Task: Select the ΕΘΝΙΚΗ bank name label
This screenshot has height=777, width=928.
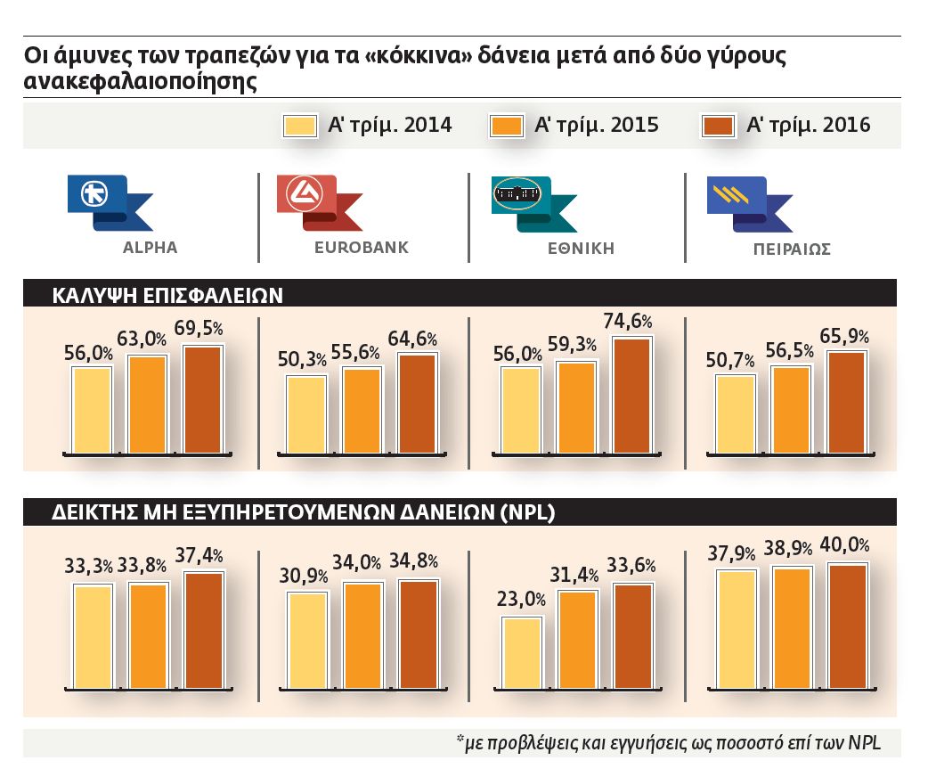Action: click(x=581, y=249)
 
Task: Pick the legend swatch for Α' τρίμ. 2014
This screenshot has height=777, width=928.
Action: click(x=299, y=126)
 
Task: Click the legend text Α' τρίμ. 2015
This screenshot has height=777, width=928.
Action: click(x=596, y=126)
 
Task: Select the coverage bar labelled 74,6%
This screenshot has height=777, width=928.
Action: click(x=632, y=395)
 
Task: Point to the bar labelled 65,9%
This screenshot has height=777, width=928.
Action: click(x=846, y=402)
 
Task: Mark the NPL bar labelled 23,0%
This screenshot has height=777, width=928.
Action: click(x=522, y=651)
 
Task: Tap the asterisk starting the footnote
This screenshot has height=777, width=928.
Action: click(x=460, y=740)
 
